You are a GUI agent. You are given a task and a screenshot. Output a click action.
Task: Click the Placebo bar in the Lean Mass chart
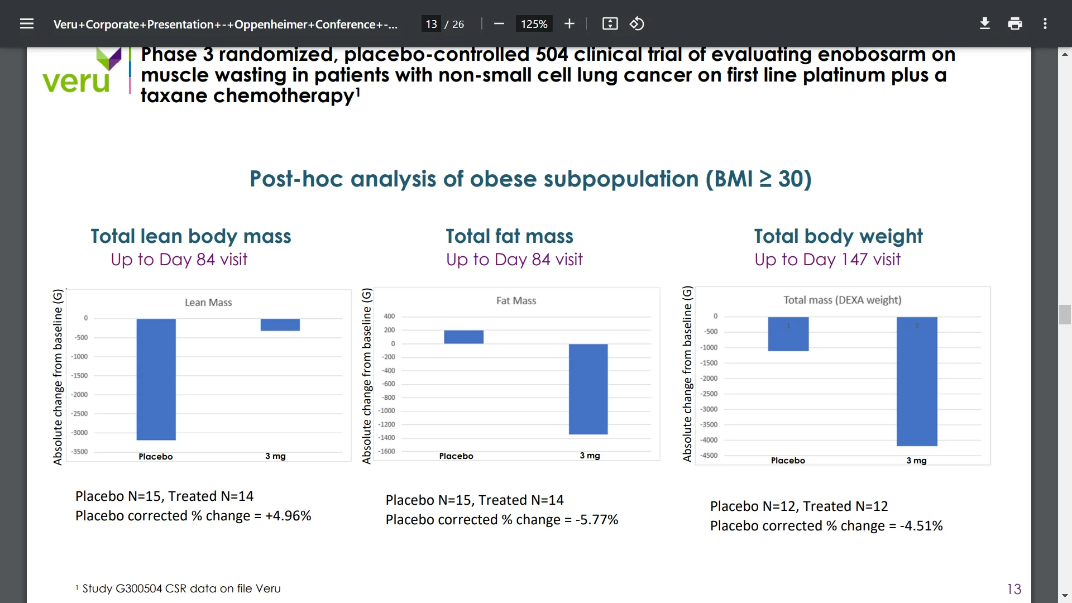click(x=156, y=379)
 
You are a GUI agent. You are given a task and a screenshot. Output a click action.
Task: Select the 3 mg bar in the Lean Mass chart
click(x=280, y=324)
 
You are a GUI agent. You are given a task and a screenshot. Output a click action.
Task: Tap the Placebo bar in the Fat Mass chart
click(x=463, y=337)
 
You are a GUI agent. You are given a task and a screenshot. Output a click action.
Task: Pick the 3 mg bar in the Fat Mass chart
click(x=588, y=389)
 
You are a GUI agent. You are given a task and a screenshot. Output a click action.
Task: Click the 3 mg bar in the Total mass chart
click(x=917, y=381)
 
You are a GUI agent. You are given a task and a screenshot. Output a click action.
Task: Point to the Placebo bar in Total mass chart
click(x=788, y=334)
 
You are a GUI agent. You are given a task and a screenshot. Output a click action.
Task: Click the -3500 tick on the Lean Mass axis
click(x=79, y=452)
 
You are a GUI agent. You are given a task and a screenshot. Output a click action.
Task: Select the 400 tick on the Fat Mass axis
click(x=389, y=317)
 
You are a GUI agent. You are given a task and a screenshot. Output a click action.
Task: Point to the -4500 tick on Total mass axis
click(x=709, y=456)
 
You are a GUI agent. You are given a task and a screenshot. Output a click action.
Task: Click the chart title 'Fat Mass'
click(x=516, y=301)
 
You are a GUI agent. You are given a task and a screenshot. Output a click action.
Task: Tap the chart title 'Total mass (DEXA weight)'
click(x=842, y=300)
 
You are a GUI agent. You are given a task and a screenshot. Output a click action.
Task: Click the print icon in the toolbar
click(x=1014, y=24)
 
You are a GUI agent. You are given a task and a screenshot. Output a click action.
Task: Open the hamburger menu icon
click(x=27, y=24)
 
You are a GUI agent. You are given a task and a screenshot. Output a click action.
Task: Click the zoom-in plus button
click(x=569, y=24)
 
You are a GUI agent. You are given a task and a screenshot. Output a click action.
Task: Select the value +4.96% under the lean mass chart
click(x=288, y=516)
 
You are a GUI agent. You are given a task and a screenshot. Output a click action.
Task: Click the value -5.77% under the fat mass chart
click(x=596, y=520)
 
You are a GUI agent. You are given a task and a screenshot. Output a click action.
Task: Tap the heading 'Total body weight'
click(x=838, y=236)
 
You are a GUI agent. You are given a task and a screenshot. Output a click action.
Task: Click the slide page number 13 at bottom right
click(x=1014, y=589)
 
